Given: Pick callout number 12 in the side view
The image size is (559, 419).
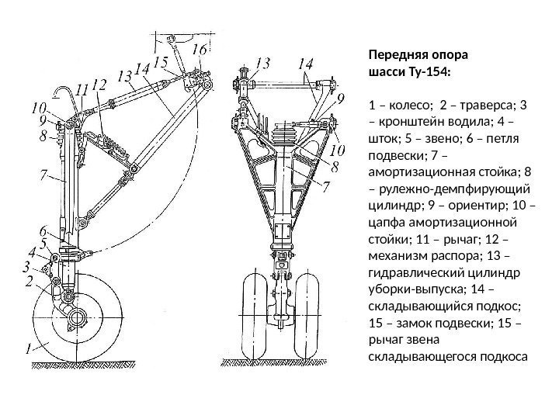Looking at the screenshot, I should click(x=99, y=83).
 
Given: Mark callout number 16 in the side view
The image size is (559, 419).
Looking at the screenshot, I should click(x=199, y=50).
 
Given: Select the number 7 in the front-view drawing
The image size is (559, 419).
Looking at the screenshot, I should click(x=327, y=185).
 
